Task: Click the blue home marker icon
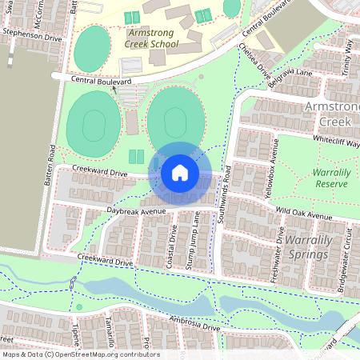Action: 180,173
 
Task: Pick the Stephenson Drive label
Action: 31,36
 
